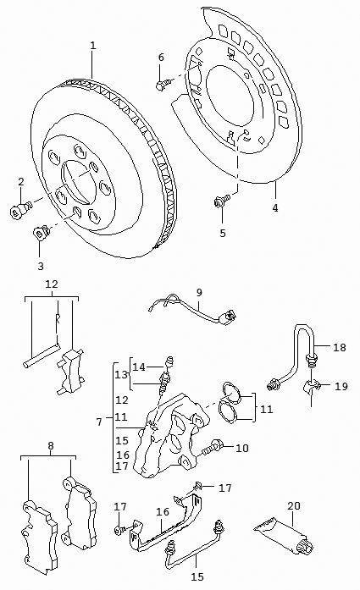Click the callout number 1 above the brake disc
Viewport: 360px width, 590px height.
click(x=93, y=46)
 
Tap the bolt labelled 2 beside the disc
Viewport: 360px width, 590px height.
click(x=19, y=210)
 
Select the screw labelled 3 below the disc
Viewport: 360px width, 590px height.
click(x=42, y=233)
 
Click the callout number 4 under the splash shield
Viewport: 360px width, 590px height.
click(x=275, y=207)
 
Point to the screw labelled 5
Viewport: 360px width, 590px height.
click(x=221, y=201)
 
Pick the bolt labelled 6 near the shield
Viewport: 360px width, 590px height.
click(x=162, y=85)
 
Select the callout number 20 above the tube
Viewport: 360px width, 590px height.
click(x=294, y=505)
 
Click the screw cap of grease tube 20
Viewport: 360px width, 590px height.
click(x=304, y=545)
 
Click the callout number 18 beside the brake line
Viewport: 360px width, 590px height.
click(x=339, y=347)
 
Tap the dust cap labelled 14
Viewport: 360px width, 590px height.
click(x=169, y=361)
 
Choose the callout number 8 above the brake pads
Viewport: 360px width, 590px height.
click(x=51, y=446)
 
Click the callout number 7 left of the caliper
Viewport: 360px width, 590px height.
click(x=99, y=422)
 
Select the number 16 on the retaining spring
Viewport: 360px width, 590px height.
click(x=163, y=512)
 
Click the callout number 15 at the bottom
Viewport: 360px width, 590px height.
click(x=197, y=576)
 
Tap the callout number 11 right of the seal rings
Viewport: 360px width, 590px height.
click(x=266, y=409)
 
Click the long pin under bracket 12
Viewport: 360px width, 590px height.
click(x=41, y=356)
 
